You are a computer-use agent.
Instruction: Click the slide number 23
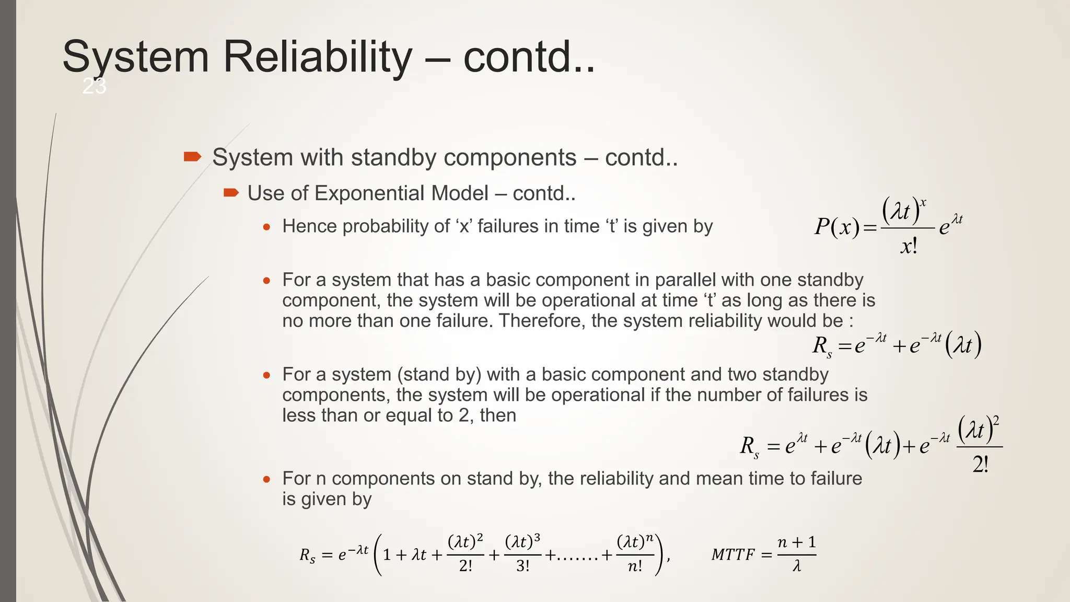[x=95, y=86]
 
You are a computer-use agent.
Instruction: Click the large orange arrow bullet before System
[x=192, y=157]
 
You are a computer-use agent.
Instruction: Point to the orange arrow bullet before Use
[x=231, y=193]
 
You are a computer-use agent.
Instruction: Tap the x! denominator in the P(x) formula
[x=909, y=246]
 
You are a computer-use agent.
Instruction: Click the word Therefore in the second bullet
[x=541, y=321]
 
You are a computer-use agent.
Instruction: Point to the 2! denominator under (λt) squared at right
[x=980, y=464]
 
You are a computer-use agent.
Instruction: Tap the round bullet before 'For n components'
[x=267, y=479]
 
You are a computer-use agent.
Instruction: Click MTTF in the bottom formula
[x=732, y=555]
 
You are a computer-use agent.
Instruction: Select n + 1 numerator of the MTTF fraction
[x=796, y=542]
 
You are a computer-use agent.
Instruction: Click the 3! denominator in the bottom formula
[x=522, y=566]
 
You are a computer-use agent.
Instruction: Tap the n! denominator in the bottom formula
[x=635, y=566]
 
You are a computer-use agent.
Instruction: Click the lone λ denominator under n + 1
[x=796, y=566]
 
